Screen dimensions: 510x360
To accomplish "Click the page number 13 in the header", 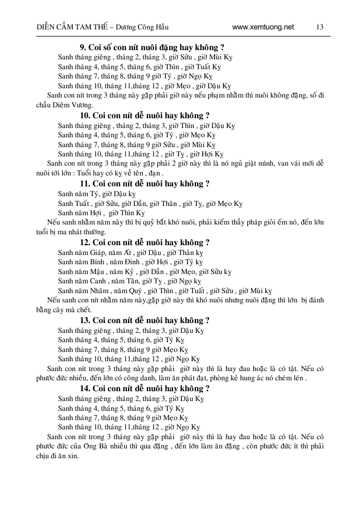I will (x=320, y=27).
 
